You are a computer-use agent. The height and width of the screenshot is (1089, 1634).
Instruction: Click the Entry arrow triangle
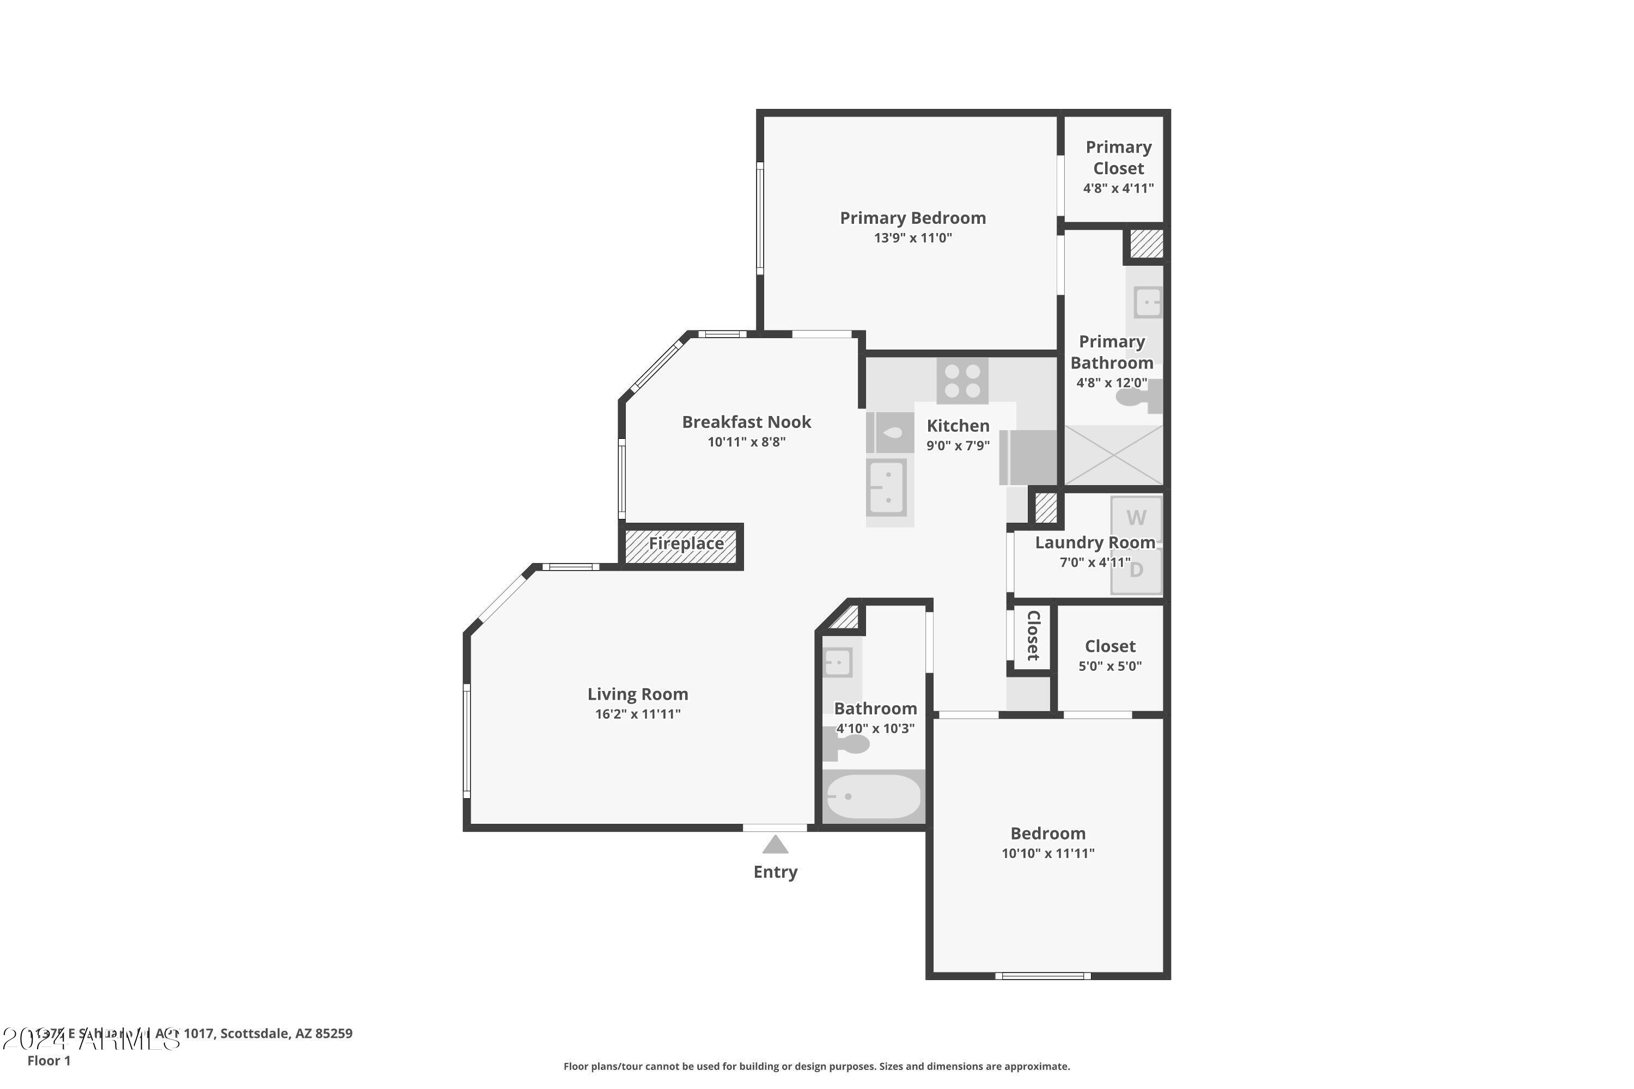coord(775,845)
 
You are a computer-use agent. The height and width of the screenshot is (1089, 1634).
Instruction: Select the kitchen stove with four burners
coord(962,381)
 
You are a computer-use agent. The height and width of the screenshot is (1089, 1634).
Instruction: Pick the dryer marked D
coord(1136,571)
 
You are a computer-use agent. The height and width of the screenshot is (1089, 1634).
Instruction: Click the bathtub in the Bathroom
coord(873,797)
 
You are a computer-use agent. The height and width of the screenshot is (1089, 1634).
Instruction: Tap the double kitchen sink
coord(887,487)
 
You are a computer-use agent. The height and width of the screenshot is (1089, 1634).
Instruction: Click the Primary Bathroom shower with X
coord(1113,455)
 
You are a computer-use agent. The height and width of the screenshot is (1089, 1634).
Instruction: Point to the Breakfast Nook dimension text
coord(746,442)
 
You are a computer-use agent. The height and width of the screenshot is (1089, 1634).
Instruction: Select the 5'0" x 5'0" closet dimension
coord(1109,666)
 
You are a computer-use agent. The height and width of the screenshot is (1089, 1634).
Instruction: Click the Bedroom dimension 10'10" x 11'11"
coord(1047,854)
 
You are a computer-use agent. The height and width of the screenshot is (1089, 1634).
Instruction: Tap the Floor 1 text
coord(48,1061)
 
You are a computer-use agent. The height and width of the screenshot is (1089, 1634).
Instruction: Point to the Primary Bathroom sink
coord(1147,303)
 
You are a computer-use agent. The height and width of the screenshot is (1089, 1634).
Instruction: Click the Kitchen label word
coord(958,426)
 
